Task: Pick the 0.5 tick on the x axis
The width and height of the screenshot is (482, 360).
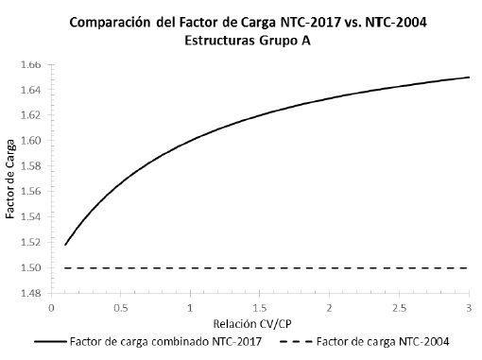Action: coord(121,308)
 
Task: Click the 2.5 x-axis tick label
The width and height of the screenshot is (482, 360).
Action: coord(400,308)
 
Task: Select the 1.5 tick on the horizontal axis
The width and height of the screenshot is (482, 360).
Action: coord(260,308)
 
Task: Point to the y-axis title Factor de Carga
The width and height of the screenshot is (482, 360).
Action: coord(11,180)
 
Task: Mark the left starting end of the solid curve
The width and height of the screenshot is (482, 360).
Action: coord(65,245)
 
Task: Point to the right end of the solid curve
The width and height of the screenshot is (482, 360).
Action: coord(469,77)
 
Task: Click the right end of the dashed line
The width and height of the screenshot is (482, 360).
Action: coord(469,268)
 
